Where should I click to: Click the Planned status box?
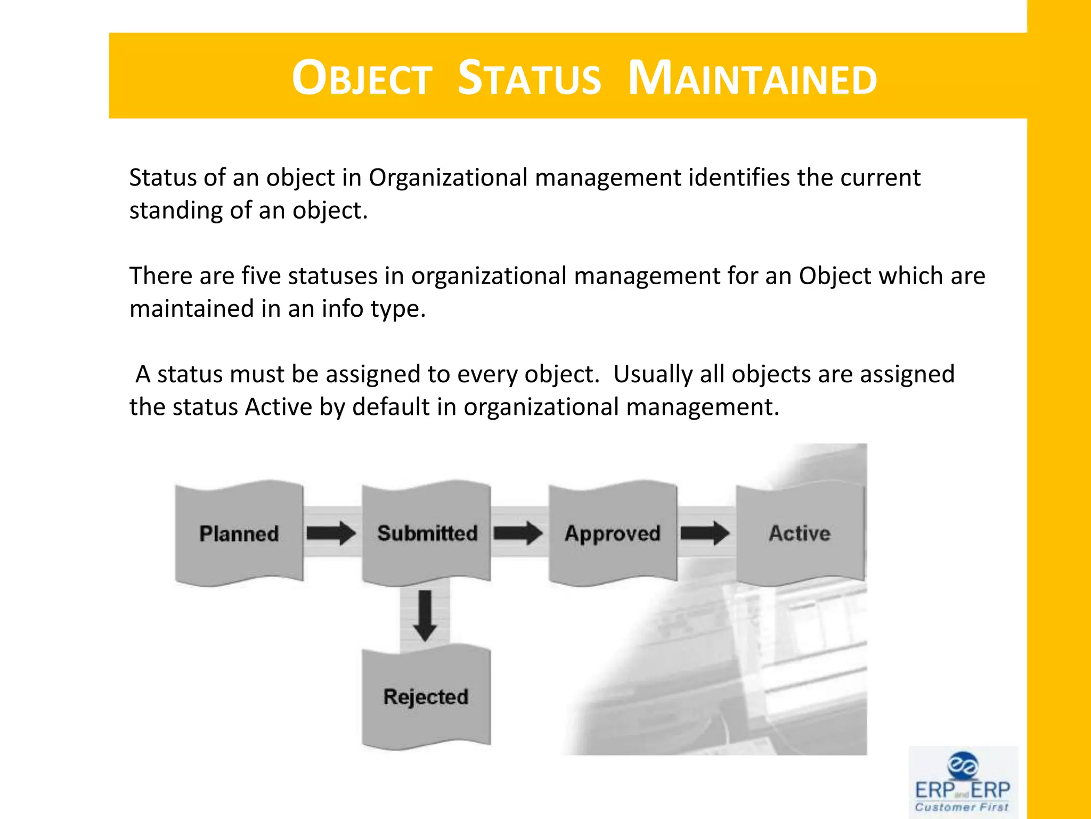pos(239,533)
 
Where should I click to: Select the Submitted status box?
pos(427,533)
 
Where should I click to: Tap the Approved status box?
pos(613,533)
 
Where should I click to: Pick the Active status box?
pos(800,533)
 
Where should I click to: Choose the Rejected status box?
pos(426,696)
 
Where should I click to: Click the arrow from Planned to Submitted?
pos(331,533)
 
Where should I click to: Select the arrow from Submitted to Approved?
pos(518,533)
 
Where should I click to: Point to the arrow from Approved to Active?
pos(705,533)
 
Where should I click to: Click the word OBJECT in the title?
pos(362,79)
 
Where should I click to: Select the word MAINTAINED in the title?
pos(752,79)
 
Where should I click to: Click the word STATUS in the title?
pos(529,79)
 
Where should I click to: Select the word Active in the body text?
pos(278,407)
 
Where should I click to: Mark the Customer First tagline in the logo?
pos(962,807)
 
